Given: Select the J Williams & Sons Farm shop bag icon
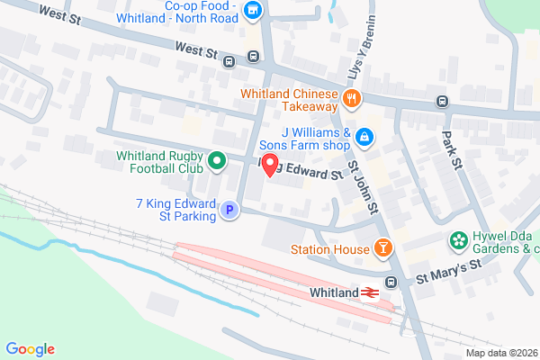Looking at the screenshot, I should point(364,138).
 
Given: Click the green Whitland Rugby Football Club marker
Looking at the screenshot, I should point(216,162).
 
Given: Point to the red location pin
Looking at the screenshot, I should point(269,166).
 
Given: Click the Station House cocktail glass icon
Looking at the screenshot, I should point(382,247).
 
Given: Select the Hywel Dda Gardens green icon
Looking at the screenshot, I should point(459,241).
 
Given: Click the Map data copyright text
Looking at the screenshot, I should point(500,353).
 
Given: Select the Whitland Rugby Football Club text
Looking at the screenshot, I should point(158,162).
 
